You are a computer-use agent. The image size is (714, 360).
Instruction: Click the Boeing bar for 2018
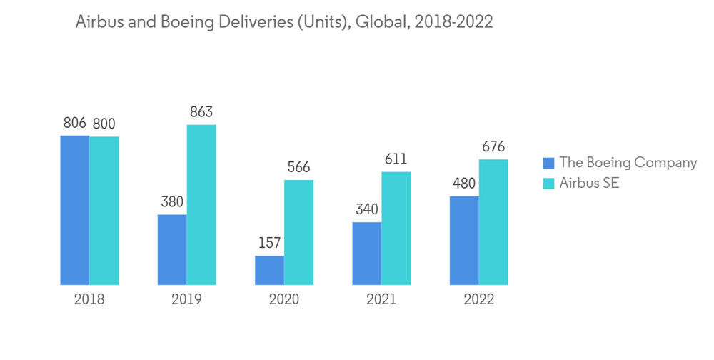tap(74, 210)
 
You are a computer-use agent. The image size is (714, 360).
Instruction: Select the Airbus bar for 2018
tap(104, 211)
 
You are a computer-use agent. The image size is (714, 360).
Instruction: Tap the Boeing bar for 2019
tap(171, 249)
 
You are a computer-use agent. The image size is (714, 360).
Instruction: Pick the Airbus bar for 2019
tap(201, 205)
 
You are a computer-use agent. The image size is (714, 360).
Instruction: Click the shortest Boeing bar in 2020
tap(269, 270)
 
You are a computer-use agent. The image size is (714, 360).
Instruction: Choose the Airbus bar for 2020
tap(298, 232)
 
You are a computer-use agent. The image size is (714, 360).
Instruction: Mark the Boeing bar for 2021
tap(366, 253)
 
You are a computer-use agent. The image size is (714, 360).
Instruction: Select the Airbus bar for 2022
tap(493, 222)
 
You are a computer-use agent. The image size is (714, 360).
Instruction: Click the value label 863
tap(201, 113)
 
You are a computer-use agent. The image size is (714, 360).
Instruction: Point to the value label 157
tap(269, 244)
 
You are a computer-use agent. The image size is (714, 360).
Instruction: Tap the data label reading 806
tap(74, 124)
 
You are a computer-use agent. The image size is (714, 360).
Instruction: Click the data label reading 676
tap(493, 147)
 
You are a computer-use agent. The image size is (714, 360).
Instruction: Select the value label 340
tap(366, 210)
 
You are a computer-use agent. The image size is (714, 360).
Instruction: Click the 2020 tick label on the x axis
tap(284, 299)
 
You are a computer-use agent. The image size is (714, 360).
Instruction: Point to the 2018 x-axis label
tap(89, 299)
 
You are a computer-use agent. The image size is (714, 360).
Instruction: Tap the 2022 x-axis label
tap(479, 299)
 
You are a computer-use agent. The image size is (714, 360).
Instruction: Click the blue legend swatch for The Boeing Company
tap(548, 163)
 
